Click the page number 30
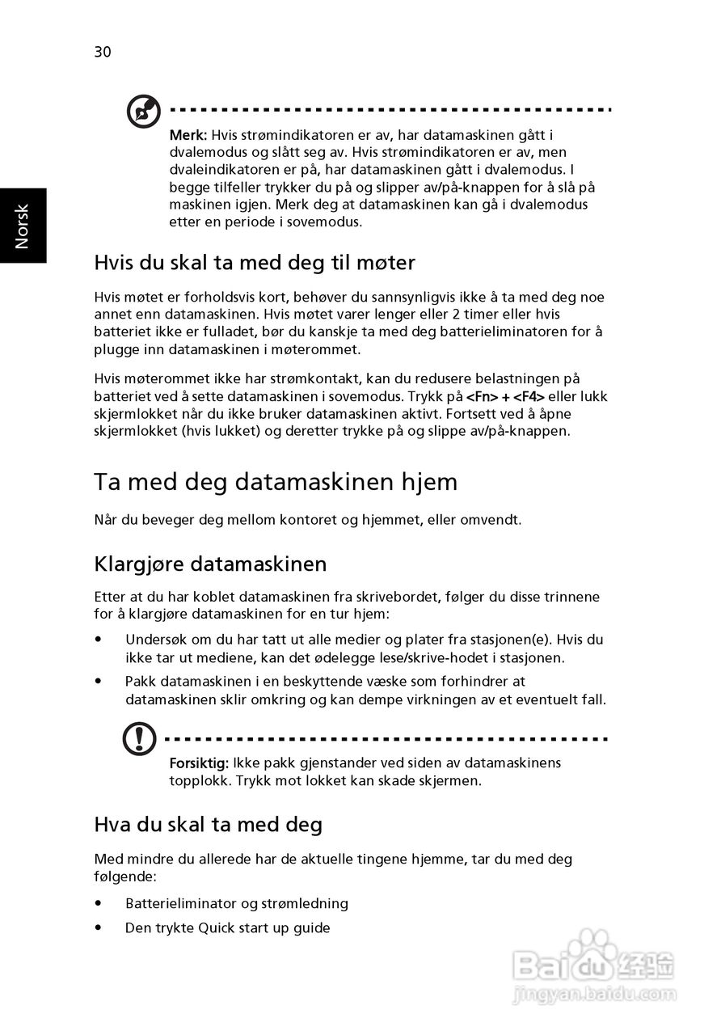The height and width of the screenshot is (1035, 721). [103, 53]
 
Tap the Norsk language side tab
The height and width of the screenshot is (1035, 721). [23, 226]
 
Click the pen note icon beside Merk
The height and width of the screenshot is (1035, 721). [143, 112]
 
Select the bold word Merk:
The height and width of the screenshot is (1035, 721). [188, 135]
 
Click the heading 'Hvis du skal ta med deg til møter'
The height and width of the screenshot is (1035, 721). [255, 262]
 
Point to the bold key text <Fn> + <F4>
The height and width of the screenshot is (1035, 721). [506, 396]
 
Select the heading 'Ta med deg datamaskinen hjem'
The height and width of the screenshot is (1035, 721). [276, 482]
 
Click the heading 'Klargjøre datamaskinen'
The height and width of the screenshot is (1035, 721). [210, 563]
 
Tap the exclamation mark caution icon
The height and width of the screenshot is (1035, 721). [140, 738]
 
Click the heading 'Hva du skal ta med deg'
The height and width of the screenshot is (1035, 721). [208, 825]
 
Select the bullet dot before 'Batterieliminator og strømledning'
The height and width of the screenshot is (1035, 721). [99, 903]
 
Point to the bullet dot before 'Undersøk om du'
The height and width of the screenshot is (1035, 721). [99, 639]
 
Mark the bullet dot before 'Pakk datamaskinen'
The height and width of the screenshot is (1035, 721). [99, 682]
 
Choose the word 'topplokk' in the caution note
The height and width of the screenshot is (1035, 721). [195, 780]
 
